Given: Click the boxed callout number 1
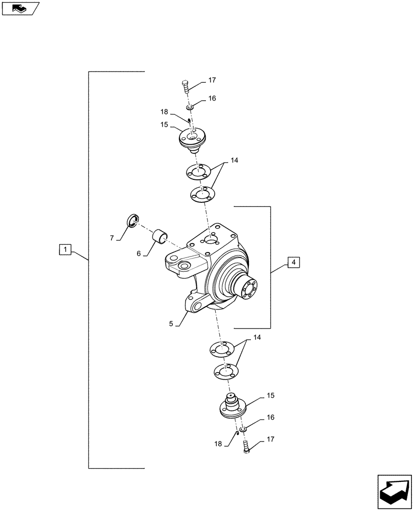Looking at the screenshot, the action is click(64, 250).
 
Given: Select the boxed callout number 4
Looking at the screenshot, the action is click(293, 263).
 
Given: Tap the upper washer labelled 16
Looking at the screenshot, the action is click(190, 107).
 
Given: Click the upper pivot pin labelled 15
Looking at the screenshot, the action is click(192, 140).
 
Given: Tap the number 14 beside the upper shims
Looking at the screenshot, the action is click(234, 160).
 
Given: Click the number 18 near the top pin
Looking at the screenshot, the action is click(164, 111).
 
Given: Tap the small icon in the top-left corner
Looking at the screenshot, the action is click(20, 8).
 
